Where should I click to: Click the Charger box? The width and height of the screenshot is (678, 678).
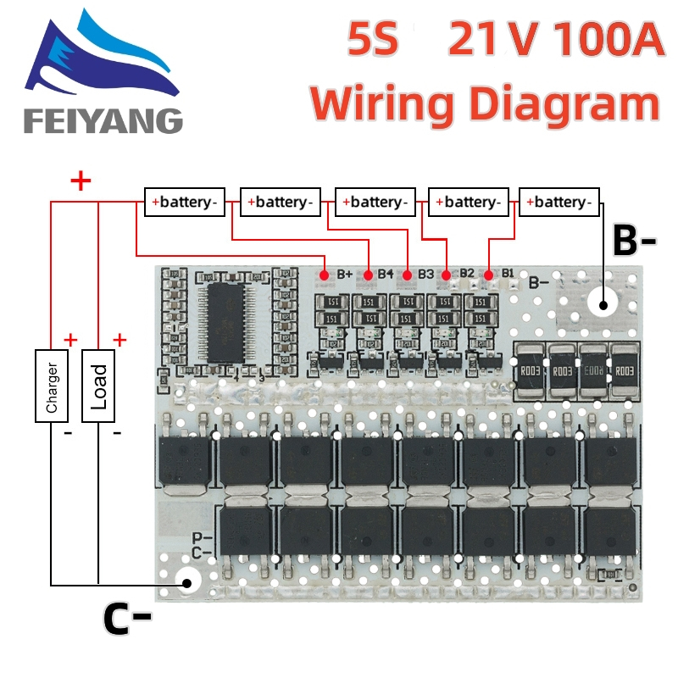(x=52, y=385)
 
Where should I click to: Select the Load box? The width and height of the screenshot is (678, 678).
(x=99, y=385)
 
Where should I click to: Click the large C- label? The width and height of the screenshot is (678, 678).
(x=127, y=620)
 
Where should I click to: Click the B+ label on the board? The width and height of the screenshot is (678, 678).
(x=345, y=274)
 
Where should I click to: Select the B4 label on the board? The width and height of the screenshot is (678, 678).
(x=386, y=274)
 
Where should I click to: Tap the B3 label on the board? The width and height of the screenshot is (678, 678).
(x=425, y=274)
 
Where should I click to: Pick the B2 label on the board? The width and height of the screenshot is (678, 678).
(x=467, y=273)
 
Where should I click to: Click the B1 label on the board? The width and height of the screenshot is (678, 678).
(x=508, y=273)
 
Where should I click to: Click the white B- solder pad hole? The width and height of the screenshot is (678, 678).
(x=603, y=305)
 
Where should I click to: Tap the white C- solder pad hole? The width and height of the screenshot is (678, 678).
(x=186, y=582)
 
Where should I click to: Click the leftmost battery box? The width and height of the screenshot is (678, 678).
(x=184, y=202)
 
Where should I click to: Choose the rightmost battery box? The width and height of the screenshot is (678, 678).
(x=559, y=202)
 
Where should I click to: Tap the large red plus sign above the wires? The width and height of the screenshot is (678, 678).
(x=81, y=181)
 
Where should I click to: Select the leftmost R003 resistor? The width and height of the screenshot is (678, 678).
(x=529, y=370)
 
